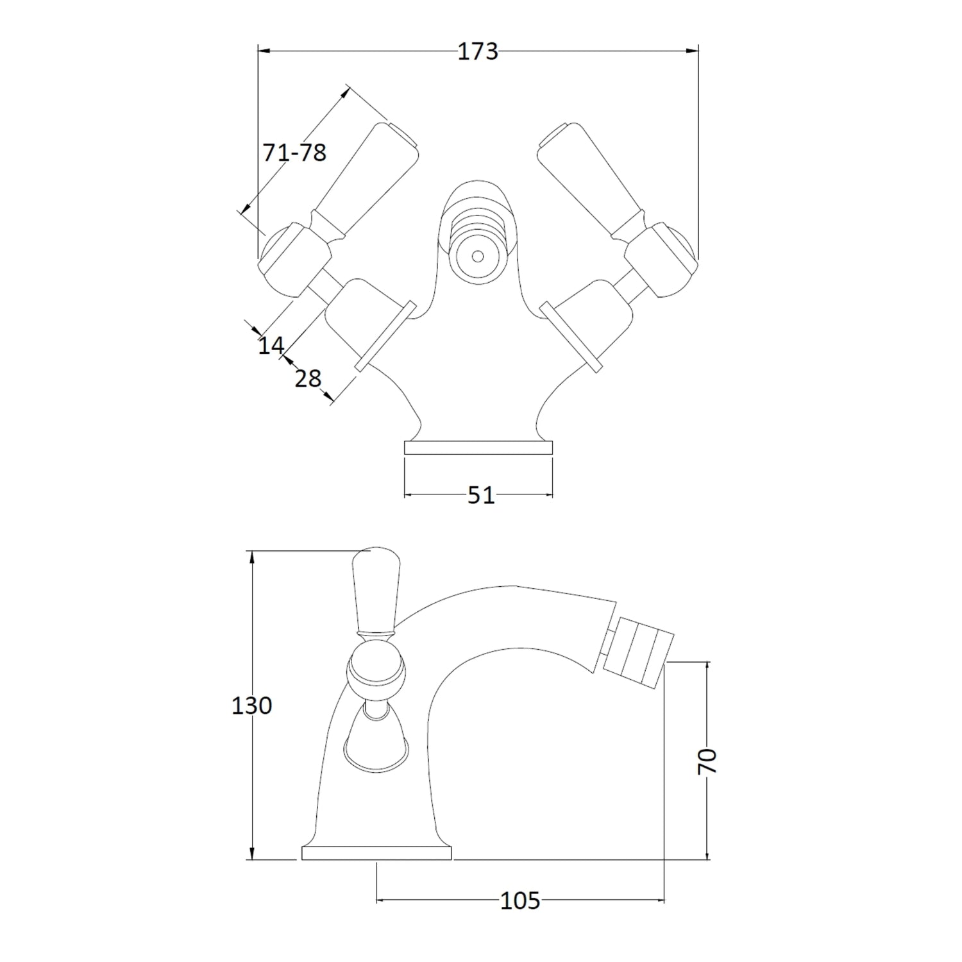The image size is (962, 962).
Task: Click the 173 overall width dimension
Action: (478, 51)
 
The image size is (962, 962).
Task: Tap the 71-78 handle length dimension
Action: (294, 153)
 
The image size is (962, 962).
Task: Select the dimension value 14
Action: (271, 346)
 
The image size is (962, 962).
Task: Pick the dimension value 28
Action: (308, 378)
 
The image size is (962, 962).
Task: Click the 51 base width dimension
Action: (481, 495)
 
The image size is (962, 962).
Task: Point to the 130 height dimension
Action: (252, 705)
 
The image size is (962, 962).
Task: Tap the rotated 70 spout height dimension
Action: (707, 762)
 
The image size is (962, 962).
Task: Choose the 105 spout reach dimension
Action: (520, 901)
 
